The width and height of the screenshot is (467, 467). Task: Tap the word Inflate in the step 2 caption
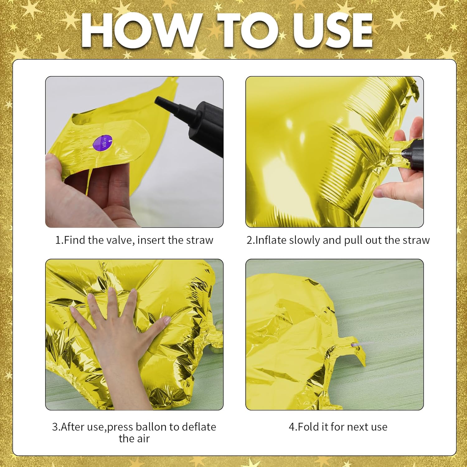(x=271, y=240)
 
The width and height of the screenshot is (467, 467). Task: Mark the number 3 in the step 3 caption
(x=55, y=427)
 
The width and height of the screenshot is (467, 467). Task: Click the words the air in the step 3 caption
(x=134, y=439)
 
